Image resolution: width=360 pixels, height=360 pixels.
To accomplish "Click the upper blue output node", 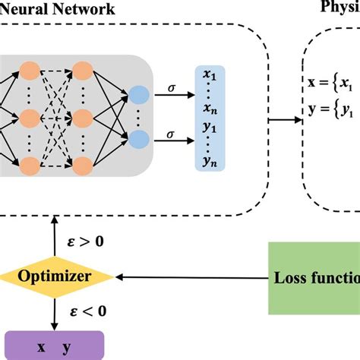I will coord(139,95).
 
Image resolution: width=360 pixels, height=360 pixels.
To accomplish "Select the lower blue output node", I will coord(139,139).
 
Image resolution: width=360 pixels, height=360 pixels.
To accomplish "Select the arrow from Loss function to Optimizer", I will coord(190,277).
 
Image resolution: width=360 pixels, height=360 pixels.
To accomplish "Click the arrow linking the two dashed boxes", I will coord(286,118).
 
